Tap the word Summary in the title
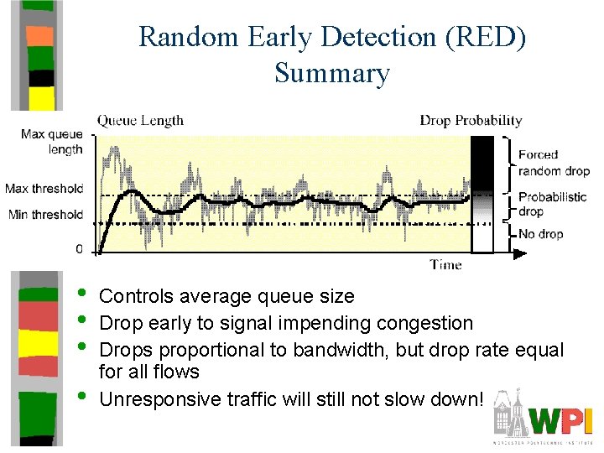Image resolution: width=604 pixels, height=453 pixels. click(x=332, y=74)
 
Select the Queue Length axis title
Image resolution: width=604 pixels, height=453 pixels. click(x=140, y=121)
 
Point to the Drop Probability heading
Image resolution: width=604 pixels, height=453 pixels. click(x=471, y=121)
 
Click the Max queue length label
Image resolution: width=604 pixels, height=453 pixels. click(x=52, y=142)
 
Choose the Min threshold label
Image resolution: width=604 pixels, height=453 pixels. click(x=46, y=215)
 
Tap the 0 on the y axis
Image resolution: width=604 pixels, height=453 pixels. click(x=79, y=250)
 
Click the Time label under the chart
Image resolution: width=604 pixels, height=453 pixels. click(x=445, y=265)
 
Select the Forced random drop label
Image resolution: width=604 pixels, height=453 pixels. click(x=554, y=163)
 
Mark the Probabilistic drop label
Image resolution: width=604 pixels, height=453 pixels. click(x=552, y=204)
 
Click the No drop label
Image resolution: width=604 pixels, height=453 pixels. click(x=540, y=234)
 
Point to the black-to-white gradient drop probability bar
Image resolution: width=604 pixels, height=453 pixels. click(x=482, y=194)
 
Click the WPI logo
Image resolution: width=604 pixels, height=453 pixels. click(x=554, y=419)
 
